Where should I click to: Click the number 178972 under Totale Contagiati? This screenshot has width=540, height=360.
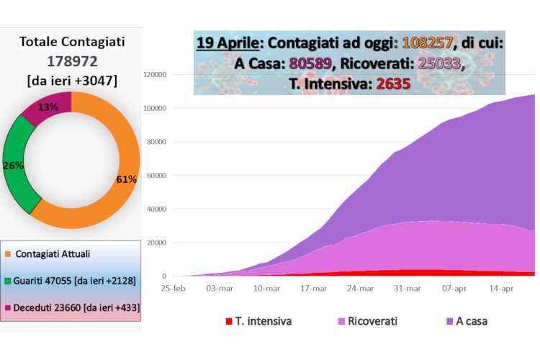(x=71, y=61)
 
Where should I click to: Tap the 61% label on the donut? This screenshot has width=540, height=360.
(x=126, y=179)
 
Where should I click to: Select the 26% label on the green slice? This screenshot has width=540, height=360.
(x=14, y=165)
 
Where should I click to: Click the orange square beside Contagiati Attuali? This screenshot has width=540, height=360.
(x=8, y=254)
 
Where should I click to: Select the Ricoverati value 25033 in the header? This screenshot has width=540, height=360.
(x=434, y=63)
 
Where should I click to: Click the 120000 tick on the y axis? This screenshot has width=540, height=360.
(x=156, y=74)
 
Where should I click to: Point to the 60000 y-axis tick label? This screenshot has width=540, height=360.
(x=158, y=175)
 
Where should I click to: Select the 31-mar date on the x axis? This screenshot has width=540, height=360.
(x=408, y=288)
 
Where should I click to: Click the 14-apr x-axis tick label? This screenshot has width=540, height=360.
(x=501, y=288)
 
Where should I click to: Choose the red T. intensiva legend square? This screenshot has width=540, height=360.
(x=228, y=321)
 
